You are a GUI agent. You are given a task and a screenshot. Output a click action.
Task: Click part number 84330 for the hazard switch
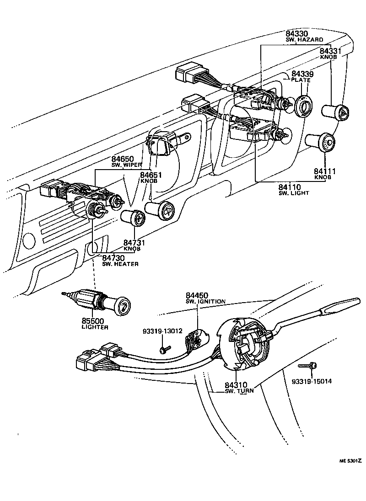click(x=296, y=34)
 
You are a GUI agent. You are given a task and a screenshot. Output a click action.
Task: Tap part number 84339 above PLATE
click(x=301, y=74)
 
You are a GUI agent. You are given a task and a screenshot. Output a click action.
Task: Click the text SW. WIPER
click(x=127, y=165)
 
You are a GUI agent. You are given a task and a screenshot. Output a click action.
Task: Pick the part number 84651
click(x=151, y=175)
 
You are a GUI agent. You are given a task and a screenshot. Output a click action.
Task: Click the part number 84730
click(x=113, y=258)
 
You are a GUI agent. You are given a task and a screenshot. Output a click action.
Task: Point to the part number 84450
click(x=197, y=295)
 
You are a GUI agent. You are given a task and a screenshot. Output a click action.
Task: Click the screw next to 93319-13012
click(x=164, y=350)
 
